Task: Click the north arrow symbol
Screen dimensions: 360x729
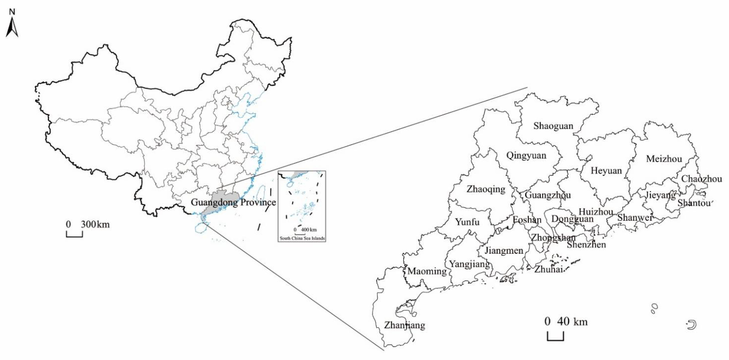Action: click(12, 27)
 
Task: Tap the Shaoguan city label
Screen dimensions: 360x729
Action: click(553, 126)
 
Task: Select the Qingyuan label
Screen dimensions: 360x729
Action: click(526, 155)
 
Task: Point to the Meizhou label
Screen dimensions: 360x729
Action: click(664, 159)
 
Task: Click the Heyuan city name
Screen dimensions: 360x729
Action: click(606, 171)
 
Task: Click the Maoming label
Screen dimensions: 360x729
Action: click(427, 271)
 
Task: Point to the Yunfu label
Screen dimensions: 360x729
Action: click(467, 222)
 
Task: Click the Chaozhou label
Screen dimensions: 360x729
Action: click(701, 179)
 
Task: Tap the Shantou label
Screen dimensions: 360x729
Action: click(694, 203)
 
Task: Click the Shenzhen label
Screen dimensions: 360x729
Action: click(586, 245)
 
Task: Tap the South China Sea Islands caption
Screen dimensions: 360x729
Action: click(302, 238)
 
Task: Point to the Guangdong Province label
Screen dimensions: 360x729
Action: click(233, 202)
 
